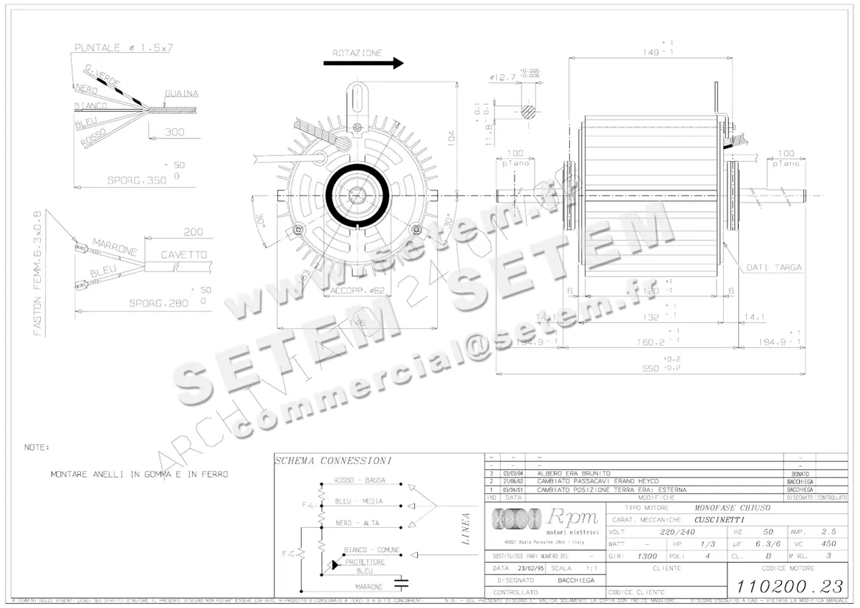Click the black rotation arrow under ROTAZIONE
(363, 63)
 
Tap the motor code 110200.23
(789, 585)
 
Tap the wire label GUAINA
(181, 94)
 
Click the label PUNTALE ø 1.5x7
(125, 48)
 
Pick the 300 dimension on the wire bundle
(174, 132)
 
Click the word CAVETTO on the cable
(183, 254)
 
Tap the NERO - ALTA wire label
(357, 523)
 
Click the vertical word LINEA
(467, 529)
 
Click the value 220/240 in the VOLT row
(677, 532)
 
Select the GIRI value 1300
(647, 556)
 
